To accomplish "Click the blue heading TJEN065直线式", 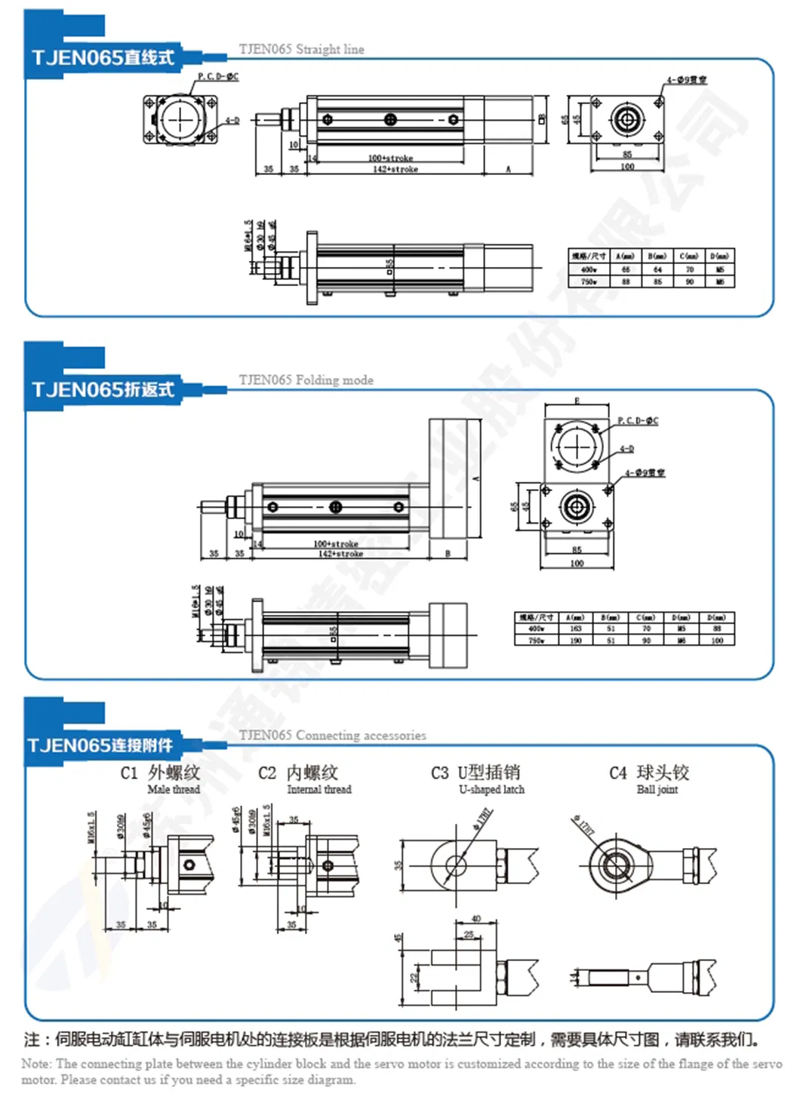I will tap(103, 58).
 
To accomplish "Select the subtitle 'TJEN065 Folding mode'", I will tap(306, 380).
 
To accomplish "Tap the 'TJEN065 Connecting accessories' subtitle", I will tap(332, 736).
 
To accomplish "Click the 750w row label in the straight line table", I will tap(589, 282).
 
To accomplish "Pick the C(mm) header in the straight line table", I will tap(689, 257).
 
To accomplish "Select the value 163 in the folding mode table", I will tap(576, 628).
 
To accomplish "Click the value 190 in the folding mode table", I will tap(576, 641).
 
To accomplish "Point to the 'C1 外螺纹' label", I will tap(160, 773).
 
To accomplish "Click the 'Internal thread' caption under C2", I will tap(318, 790).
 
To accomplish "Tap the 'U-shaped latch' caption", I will tap(491, 790).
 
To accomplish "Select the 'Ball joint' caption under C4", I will tap(657, 790).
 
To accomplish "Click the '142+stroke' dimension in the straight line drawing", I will tap(395, 170).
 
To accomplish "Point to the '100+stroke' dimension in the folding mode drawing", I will tap(336, 543).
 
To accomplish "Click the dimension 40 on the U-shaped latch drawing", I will tap(475, 919).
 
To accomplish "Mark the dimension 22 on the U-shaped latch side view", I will tap(414, 978).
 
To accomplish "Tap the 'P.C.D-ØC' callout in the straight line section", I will tap(218, 76).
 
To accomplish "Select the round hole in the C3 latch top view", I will tap(454, 865).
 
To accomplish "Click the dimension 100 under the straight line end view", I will tap(627, 167).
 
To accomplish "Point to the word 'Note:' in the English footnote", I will tap(37, 1064).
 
